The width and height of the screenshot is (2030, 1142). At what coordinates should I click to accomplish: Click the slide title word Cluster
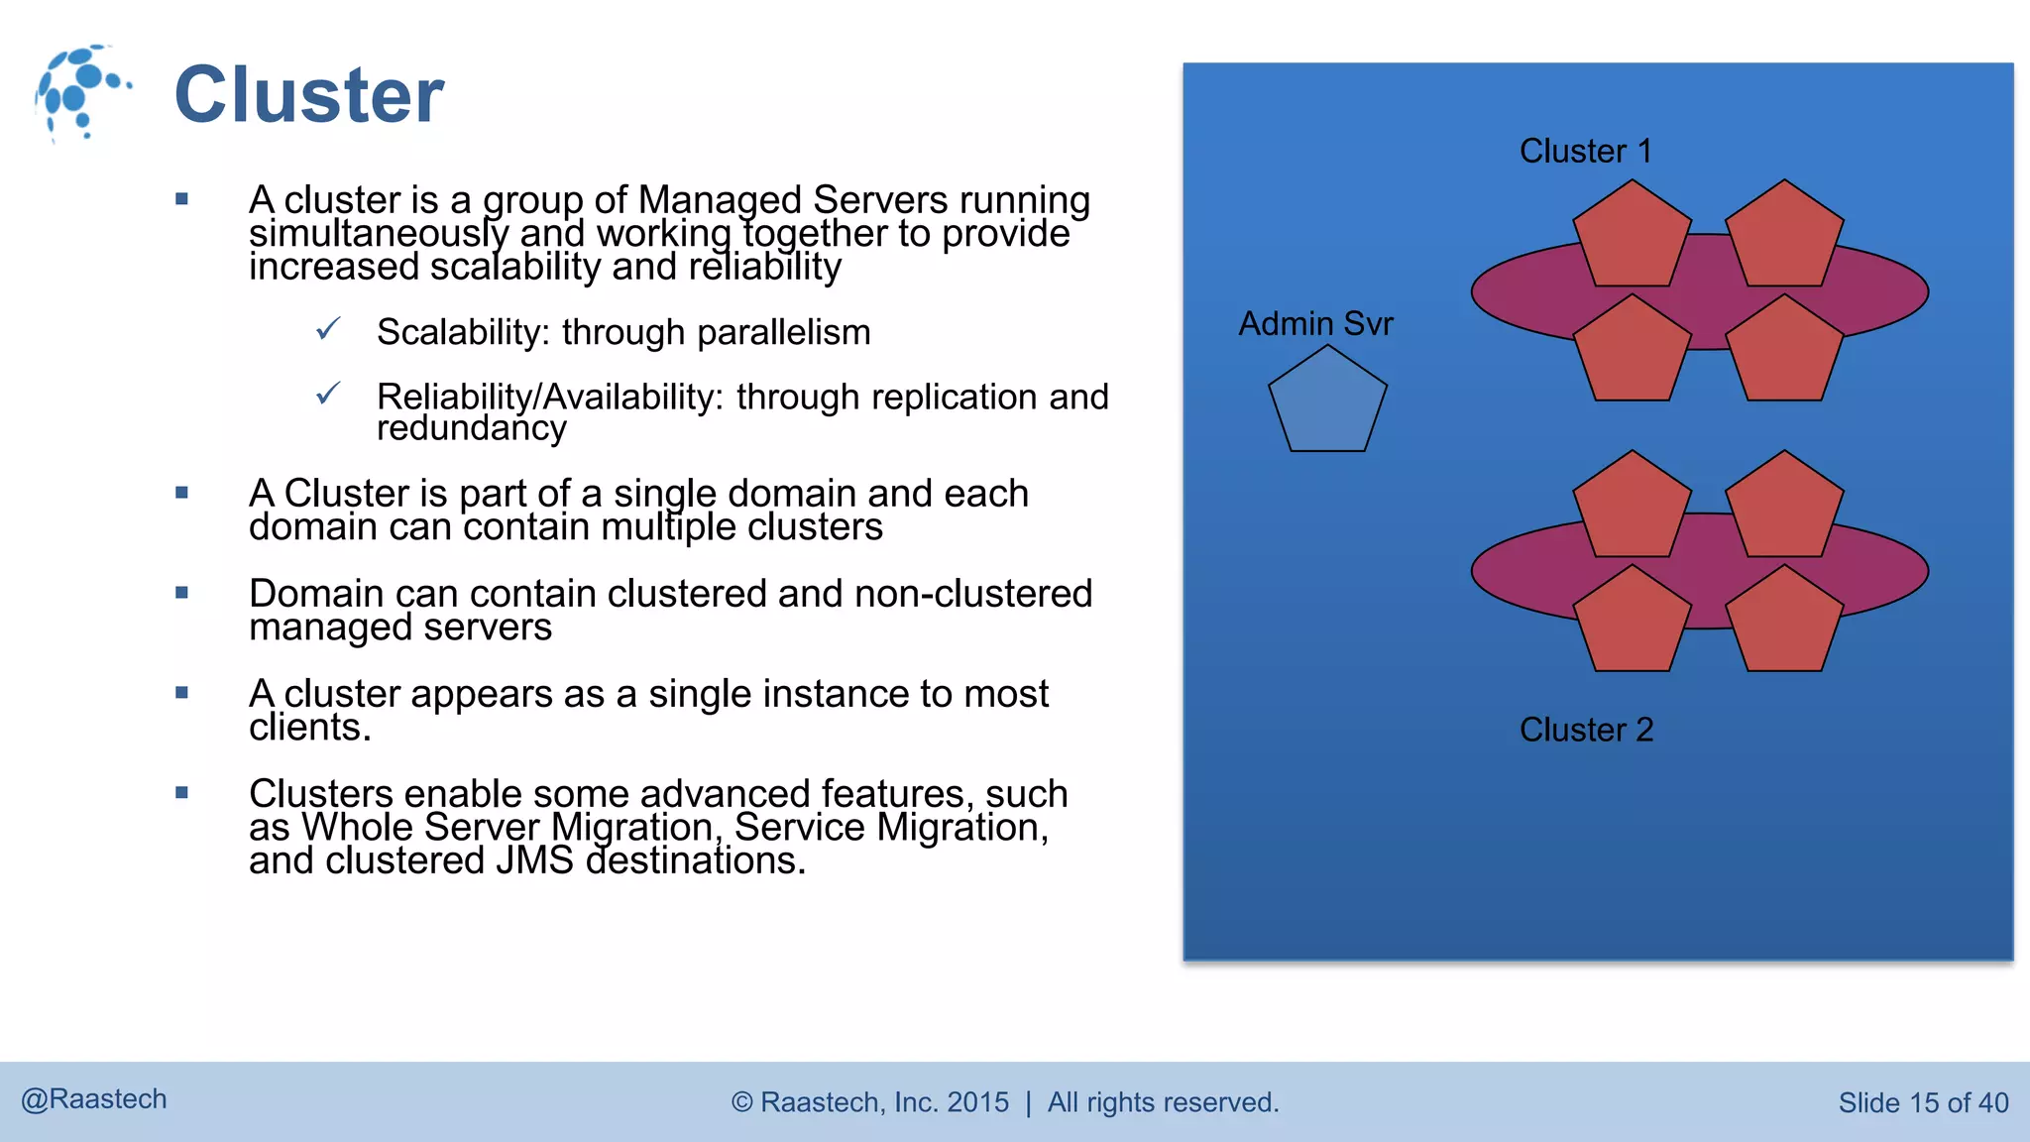point(309,95)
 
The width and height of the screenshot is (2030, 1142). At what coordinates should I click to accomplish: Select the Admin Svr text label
point(1315,324)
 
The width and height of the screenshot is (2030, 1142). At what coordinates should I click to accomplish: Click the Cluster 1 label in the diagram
point(1585,152)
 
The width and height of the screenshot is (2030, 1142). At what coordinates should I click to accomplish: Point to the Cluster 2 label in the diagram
point(1586,731)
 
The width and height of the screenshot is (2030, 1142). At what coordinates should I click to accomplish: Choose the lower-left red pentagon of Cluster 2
point(1632,623)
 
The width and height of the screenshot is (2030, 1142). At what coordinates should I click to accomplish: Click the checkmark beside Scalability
point(328,328)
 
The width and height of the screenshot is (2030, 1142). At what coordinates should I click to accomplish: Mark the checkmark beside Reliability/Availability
point(328,394)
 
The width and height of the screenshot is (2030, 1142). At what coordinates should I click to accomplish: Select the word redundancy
point(472,428)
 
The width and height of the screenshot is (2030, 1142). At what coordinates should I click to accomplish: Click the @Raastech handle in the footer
point(94,1099)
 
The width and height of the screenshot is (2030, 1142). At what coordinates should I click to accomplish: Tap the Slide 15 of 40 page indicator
point(1923,1103)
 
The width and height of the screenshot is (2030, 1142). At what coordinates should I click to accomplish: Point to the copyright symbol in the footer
point(742,1103)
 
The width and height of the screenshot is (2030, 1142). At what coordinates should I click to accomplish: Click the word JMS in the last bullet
point(534,860)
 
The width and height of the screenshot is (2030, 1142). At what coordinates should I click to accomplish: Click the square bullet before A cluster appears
point(181,693)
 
